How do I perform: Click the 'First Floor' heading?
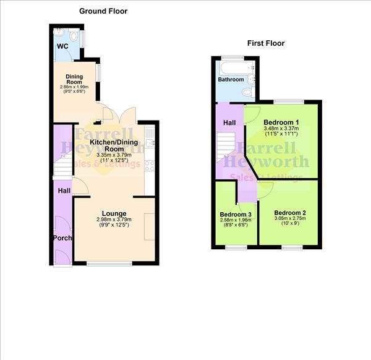[266, 43]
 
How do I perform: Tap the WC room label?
[62, 46]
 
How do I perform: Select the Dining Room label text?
[74, 80]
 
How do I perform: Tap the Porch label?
[62, 238]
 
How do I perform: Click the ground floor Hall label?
[64, 192]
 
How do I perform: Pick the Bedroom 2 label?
[290, 212]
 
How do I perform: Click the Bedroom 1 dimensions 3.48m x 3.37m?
[281, 128]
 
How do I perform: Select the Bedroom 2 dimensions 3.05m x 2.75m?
[290, 220]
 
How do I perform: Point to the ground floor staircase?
[62, 168]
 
